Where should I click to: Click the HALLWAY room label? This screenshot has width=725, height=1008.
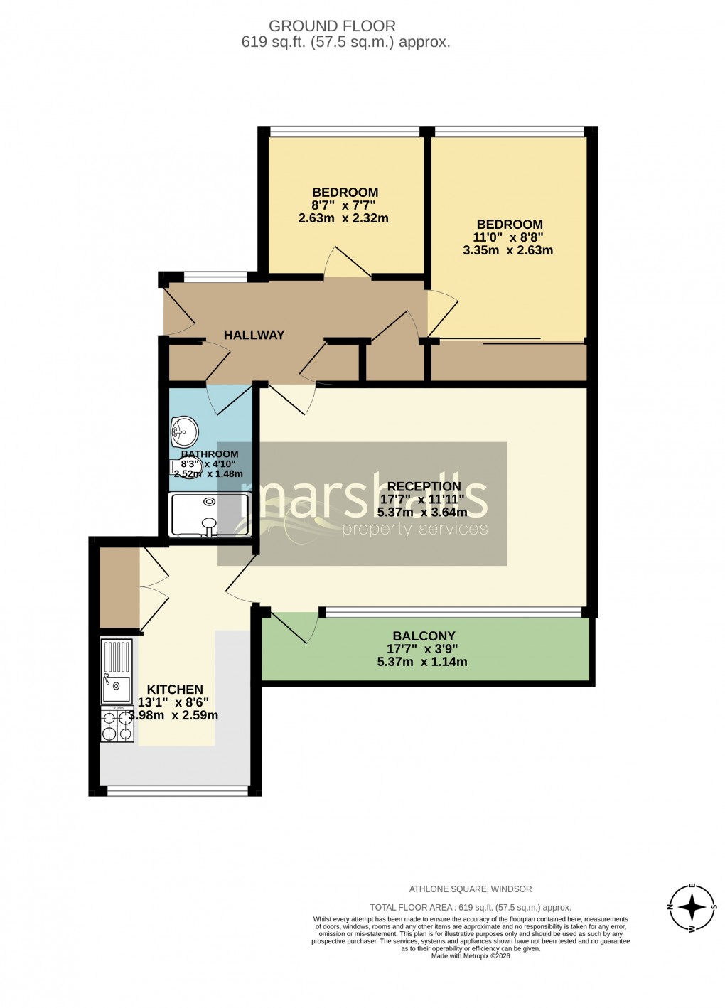click(x=254, y=335)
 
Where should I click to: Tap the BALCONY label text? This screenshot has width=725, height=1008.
click(x=424, y=636)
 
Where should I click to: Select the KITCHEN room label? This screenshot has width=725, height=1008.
click(x=175, y=690)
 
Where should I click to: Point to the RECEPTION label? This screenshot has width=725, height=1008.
click(x=424, y=487)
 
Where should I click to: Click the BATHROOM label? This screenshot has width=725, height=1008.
click(x=210, y=454)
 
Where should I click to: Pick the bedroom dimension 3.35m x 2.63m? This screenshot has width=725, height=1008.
click(x=507, y=250)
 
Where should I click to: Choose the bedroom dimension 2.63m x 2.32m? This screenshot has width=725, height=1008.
click(x=343, y=218)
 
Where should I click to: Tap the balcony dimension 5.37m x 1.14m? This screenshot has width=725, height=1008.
click(x=422, y=662)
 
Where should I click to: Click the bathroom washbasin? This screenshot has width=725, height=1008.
click(x=184, y=430)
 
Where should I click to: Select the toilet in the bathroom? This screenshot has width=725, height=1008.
click(x=186, y=468)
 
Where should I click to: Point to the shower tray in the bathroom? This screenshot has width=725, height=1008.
click(x=209, y=515)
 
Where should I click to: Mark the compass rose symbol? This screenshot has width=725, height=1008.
click(x=691, y=908)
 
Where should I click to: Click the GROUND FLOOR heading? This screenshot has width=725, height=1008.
click(x=332, y=26)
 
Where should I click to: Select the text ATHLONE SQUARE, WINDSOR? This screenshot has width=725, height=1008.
click(x=470, y=889)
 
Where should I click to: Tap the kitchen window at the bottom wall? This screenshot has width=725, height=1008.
click(x=178, y=790)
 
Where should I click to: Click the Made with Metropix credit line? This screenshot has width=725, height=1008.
click(x=471, y=956)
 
